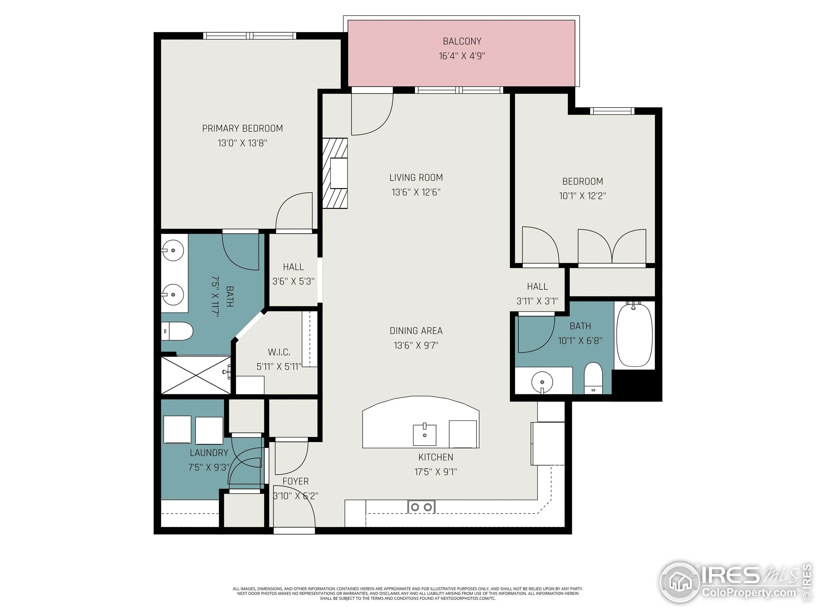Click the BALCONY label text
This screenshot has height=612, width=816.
(x=462, y=41)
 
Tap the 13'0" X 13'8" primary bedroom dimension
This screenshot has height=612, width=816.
(x=242, y=143)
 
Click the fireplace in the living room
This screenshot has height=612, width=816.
(x=335, y=173)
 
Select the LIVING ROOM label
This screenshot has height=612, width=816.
(x=416, y=178)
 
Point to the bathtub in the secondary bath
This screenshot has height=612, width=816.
(x=634, y=334)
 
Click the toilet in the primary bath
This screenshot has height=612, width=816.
(x=178, y=331)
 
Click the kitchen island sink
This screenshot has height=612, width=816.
(x=424, y=434)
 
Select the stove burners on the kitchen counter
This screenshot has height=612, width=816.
(x=421, y=507)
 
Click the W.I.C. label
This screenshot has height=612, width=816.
(x=279, y=352)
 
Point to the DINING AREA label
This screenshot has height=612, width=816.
(x=416, y=331)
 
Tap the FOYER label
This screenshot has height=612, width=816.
(x=295, y=481)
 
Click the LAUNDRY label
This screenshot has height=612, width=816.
(x=209, y=453)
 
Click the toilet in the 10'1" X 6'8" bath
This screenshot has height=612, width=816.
(x=593, y=378)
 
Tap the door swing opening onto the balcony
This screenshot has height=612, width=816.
(x=372, y=114)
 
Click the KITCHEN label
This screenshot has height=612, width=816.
(x=436, y=457)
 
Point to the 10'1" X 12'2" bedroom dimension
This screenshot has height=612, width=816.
(x=582, y=196)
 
